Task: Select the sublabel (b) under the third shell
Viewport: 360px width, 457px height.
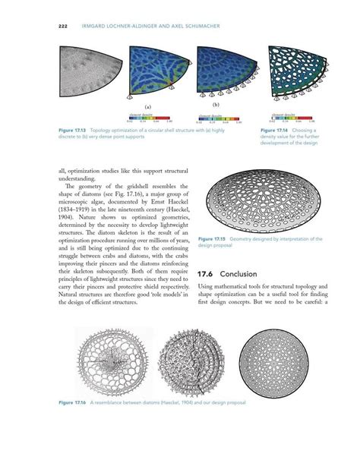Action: pyautogui.click(x=216, y=103)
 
